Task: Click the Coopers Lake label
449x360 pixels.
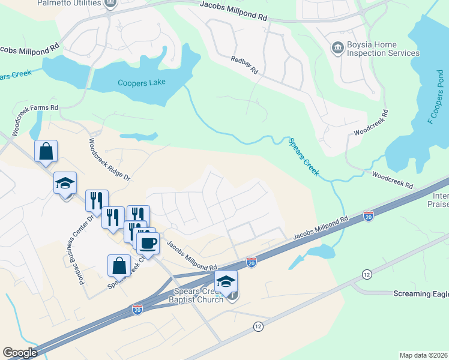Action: (x=140, y=83)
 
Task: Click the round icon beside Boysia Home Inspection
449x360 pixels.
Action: (x=337, y=47)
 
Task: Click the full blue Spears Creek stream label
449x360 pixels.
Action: (x=303, y=157)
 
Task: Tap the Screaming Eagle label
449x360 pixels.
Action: (x=421, y=294)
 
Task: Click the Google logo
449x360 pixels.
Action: (x=20, y=353)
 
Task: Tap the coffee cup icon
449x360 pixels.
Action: (x=148, y=243)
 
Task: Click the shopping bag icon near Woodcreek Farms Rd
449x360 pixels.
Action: (x=46, y=152)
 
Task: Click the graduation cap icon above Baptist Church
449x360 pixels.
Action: (x=226, y=281)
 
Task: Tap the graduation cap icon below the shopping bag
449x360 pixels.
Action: (x=65, y=183)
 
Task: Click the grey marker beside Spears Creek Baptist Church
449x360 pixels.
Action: (x=234, y=296)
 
